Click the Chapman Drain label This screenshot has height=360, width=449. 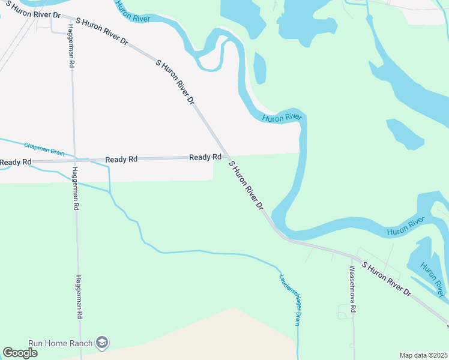tap(44, 148)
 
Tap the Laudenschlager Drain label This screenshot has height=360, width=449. tap(289, 299)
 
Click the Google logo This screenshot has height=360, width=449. tap(20, 353)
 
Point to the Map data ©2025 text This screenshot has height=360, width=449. tap(423, 355)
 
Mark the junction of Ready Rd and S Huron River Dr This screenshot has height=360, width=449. tap(226, 157)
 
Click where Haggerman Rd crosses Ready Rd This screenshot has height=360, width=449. tap(74, 160)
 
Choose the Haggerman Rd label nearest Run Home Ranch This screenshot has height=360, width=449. tap(79, 296)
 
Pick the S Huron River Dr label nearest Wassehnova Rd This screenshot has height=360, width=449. tap(386, 278)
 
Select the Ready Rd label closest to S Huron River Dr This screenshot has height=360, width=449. tap(205, 157)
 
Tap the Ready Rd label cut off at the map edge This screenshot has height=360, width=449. tap(15, 163)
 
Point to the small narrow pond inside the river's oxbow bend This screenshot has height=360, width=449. tap(259, 68)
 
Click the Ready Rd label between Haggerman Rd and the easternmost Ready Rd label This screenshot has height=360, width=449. tap(121, 160)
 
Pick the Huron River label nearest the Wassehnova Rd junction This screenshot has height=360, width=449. tap(405, 227)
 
